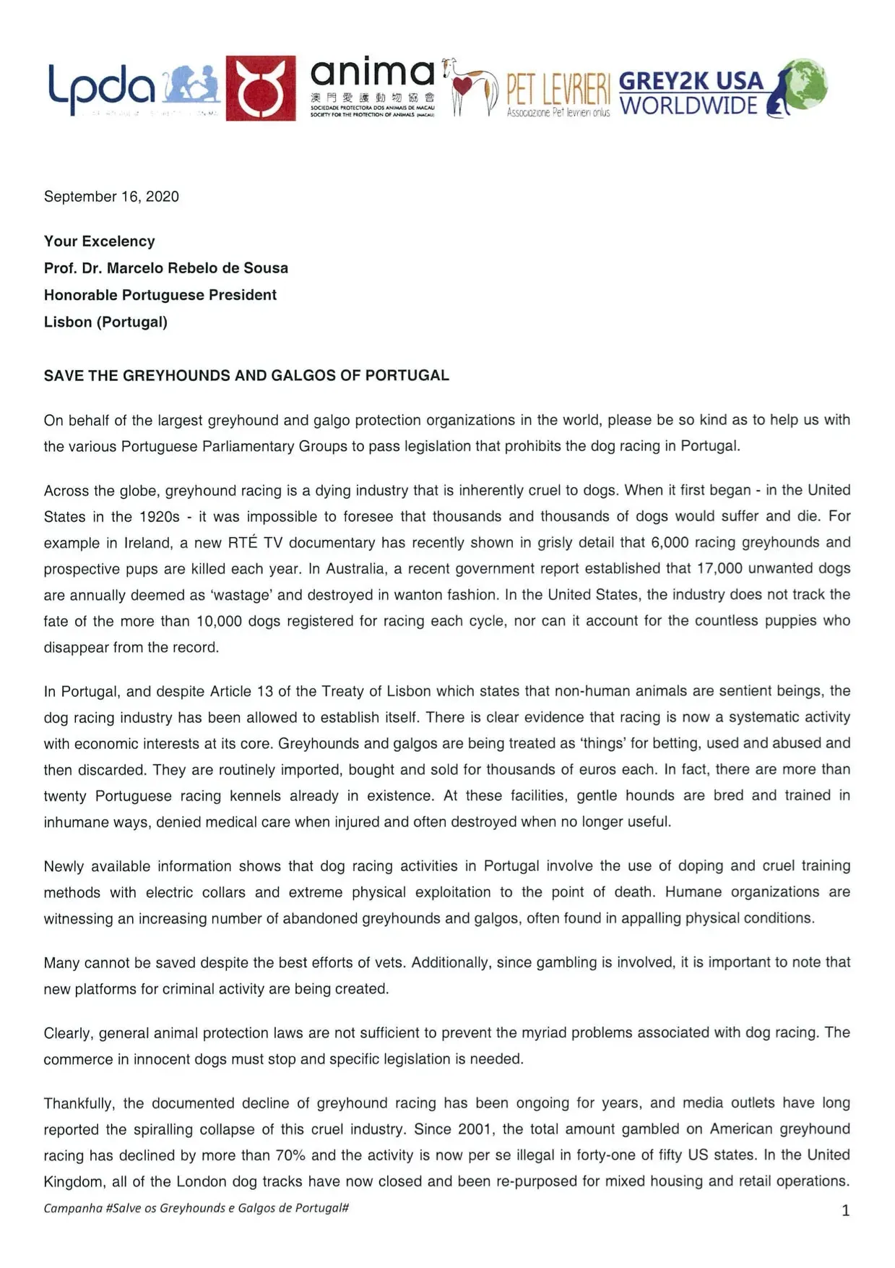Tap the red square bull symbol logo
[260, 88]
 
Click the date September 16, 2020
[111, 197]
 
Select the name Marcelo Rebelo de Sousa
[197, 268]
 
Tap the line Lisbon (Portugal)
[105, 322]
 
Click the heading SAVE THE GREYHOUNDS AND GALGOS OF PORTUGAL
[246, 376]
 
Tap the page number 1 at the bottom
[845, 1211]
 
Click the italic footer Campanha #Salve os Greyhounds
[196, 1208]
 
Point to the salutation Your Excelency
[99, 241]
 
